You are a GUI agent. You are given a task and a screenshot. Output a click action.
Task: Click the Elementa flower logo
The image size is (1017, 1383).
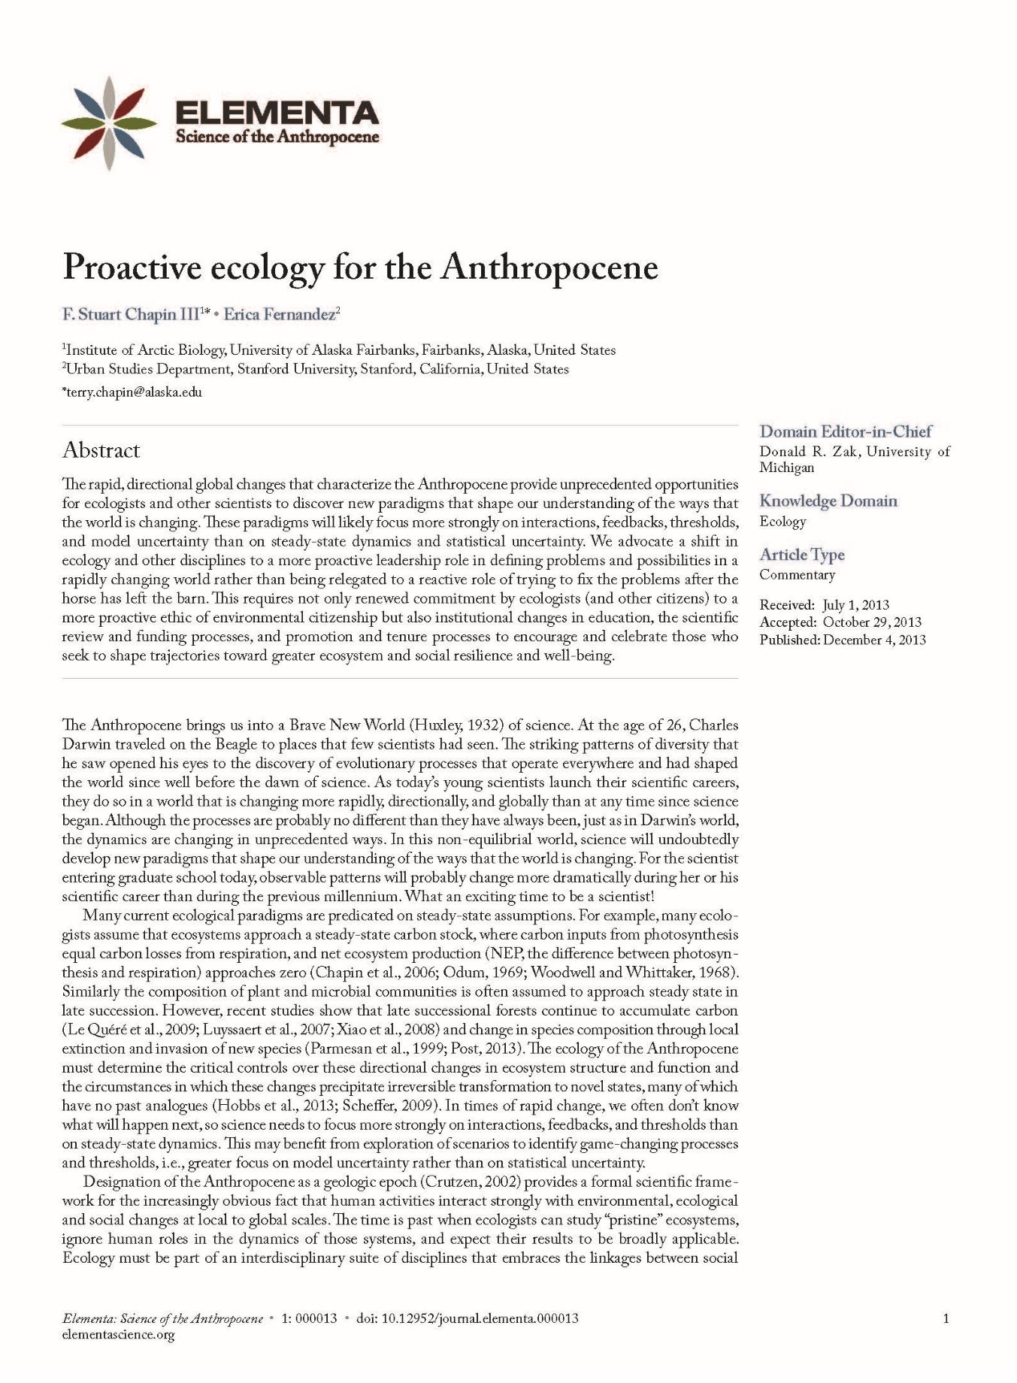point(110,123)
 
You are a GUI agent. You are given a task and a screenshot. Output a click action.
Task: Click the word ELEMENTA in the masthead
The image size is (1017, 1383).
point(277,113)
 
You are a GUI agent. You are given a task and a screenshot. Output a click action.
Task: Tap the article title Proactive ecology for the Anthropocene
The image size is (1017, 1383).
point(360,268)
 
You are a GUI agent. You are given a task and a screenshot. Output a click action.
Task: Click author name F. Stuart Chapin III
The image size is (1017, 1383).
point(129,314)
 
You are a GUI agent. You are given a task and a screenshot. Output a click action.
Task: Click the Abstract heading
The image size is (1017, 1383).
point(101,450)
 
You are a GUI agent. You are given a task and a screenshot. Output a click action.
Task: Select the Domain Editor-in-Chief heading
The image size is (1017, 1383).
point(845,431)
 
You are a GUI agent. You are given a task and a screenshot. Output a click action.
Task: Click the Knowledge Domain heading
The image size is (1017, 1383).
point(828,501)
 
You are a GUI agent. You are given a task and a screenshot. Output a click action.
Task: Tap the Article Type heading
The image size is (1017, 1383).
point(801,555)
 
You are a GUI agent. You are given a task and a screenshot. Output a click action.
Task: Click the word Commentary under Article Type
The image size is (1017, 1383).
point(797,575)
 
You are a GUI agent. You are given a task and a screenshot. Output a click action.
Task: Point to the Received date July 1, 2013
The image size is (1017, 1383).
point(855,605)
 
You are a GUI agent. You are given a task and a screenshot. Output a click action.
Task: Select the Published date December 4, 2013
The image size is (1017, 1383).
point(873,640)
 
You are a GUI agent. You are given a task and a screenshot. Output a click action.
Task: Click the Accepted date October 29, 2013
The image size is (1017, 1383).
point(871,622)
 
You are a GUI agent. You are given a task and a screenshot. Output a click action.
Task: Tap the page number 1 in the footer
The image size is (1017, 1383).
point(946,1318)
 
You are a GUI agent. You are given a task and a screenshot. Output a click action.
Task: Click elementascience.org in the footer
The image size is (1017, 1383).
point(118,1334)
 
